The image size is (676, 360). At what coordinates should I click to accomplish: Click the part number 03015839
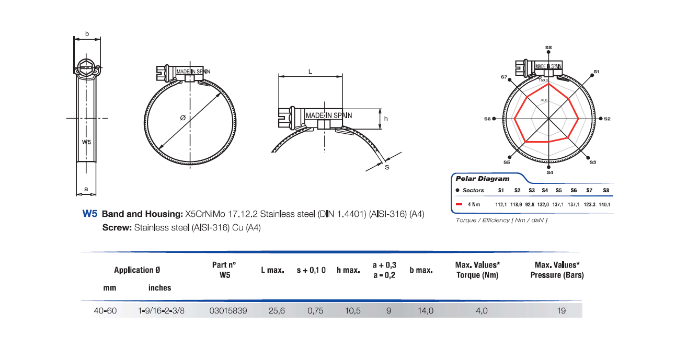pos(228,310)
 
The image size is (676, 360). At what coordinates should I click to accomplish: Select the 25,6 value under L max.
pos(277,310)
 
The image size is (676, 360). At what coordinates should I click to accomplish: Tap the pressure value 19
pos(562,310)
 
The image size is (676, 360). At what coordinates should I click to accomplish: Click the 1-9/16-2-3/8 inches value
pos(161,310)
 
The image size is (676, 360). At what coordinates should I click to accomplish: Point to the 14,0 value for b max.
pos(426,310)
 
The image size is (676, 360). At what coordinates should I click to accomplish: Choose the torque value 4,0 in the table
pos(482,310)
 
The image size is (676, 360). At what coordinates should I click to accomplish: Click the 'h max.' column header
pos(348,270)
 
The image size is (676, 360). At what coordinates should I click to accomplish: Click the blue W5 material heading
pos(90,214)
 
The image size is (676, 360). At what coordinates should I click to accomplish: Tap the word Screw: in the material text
pos(117,228)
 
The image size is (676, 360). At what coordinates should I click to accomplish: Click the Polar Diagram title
pos(475,179)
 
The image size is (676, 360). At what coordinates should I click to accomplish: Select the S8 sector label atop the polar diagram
pos(548,48)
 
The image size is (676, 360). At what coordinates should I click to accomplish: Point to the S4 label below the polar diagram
pos(549,172)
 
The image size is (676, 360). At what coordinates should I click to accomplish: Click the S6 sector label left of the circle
pos(487,119)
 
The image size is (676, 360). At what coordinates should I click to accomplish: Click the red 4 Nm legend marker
pos(459,204)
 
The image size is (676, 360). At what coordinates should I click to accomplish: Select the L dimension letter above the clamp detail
pos(310,72)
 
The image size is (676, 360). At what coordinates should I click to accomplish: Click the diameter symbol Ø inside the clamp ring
pos(182,118)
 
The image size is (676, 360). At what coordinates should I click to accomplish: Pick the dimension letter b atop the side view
pos(87,34)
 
